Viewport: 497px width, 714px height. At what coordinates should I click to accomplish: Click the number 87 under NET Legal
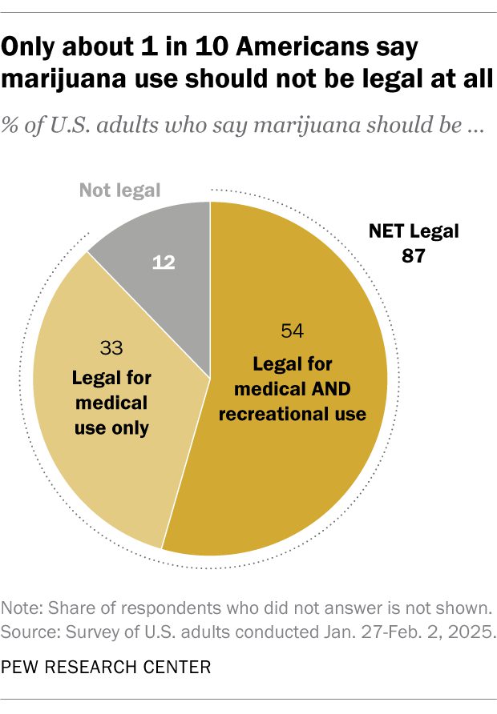pos(414,257)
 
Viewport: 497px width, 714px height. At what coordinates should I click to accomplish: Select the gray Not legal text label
pos(119,191)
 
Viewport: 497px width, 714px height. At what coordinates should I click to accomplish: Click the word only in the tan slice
pos(131,427)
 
